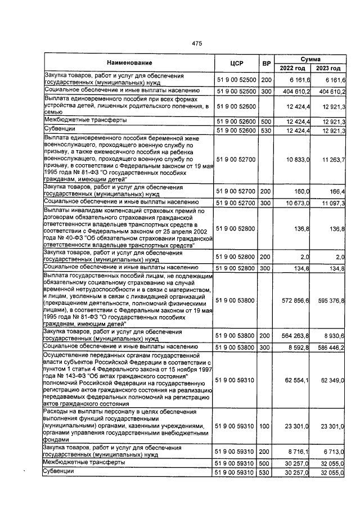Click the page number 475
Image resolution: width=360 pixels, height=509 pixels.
click(196, 43)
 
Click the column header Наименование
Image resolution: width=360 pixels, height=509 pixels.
click(127, 63)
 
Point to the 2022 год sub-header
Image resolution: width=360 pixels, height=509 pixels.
click(295, 68)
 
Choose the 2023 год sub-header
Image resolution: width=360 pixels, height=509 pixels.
click(328, 68)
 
